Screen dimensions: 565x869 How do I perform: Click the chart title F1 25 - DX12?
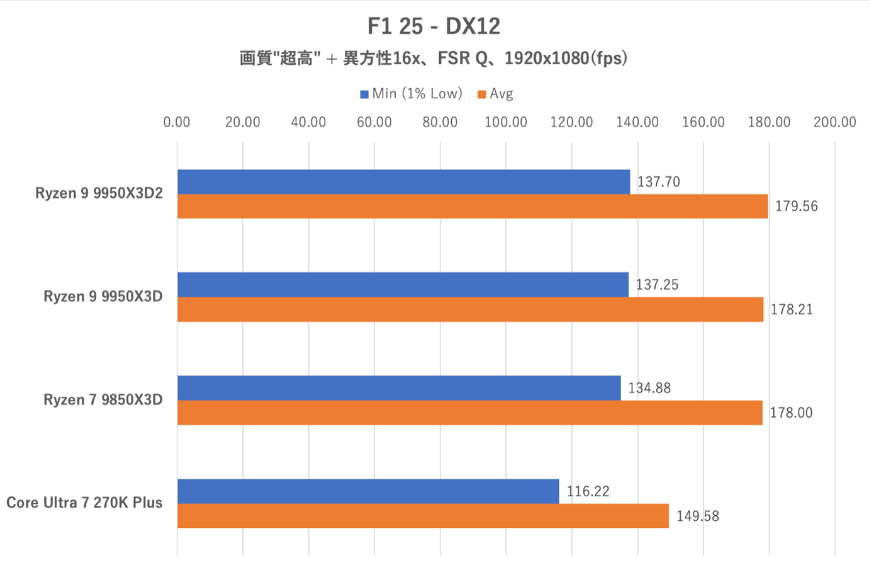[434, 26]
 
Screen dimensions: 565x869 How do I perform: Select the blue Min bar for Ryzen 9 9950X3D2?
[403, 182]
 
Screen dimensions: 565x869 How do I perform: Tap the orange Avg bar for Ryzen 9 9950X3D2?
[472, 207]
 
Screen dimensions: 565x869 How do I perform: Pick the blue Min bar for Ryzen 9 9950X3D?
[403, 285]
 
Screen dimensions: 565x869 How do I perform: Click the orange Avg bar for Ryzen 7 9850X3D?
[469, 413]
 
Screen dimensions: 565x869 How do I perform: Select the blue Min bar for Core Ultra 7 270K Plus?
[368, 491]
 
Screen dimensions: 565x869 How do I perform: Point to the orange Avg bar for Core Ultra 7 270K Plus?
[423, 516]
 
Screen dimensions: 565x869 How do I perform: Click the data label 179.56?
[796, 207]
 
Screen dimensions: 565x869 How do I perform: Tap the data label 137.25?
[657, 285]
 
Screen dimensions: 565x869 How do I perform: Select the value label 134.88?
[649, 388]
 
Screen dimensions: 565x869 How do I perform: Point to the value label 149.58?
[697, 516]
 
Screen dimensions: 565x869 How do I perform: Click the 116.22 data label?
[588, 491]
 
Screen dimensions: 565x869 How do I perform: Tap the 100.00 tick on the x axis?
[506, 122]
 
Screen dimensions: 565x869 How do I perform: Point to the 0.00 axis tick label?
[177, 122]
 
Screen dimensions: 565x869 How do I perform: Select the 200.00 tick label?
[834, 122]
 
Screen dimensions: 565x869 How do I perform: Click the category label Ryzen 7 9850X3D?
[103, 400]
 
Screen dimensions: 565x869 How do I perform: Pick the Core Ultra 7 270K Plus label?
[84, 503]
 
